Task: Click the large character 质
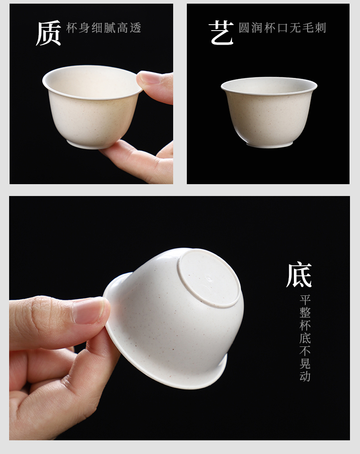(x=48, y=33)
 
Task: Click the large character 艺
(x=221, y=33)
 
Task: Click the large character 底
(x=299, y=275)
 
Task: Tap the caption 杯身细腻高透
(x=103, y=28)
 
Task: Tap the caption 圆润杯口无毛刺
(x=283, y=28)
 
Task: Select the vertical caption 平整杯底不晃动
(x=305, y=338)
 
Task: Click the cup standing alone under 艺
(x=269, y=112)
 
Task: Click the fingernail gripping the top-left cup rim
(x=149, y=77)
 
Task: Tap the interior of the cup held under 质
(x=92, y=84)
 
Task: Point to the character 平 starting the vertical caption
(x=305, y=300)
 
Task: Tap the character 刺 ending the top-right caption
(x=321, y=28)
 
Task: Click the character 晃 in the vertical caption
(x=305, y=364)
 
